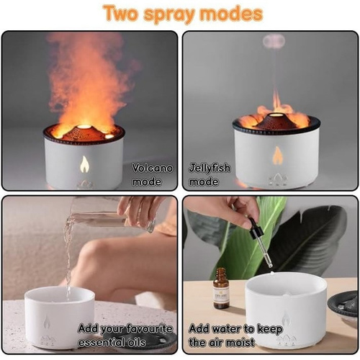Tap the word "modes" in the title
click(x=231, y=14)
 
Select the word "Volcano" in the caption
click(x=153, y=168)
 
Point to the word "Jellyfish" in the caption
click(x=210, y=168)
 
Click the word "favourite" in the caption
click(x=149, y=328)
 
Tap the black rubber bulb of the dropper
click(x=255, y=228)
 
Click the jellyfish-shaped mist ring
click(x=274, y=42)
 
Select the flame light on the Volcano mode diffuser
click(x=84, y=164)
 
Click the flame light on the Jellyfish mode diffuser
click(x=277, y=156)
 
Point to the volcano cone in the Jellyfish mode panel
click(x=276, y=122)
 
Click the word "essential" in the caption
click(x=102, y=342)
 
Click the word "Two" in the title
click(x=121, y=13)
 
